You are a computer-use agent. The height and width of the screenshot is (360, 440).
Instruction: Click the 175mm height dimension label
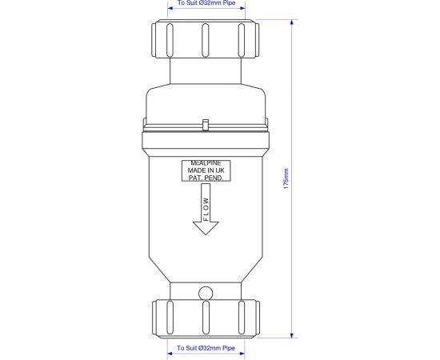(x=286, y=178)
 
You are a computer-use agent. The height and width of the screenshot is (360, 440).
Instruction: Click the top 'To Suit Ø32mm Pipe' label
(x=206, y=3)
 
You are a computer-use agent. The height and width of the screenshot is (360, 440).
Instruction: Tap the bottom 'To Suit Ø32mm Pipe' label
(x=206, y=348)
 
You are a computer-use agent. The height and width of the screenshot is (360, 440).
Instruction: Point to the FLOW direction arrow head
(x=206, y=228)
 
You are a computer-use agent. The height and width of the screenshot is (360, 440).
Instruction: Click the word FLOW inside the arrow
(x=206, y=209)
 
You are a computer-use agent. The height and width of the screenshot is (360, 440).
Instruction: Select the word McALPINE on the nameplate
(x=206, y=163)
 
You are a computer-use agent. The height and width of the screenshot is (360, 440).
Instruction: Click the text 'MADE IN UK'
(x=206, y=170)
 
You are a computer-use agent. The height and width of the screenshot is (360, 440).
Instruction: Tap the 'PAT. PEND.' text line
(x=206, y=178)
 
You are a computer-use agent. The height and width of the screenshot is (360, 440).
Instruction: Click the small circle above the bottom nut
(x=206, y=294)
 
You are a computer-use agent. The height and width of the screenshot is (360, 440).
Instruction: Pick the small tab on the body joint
(x=206, y=125)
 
